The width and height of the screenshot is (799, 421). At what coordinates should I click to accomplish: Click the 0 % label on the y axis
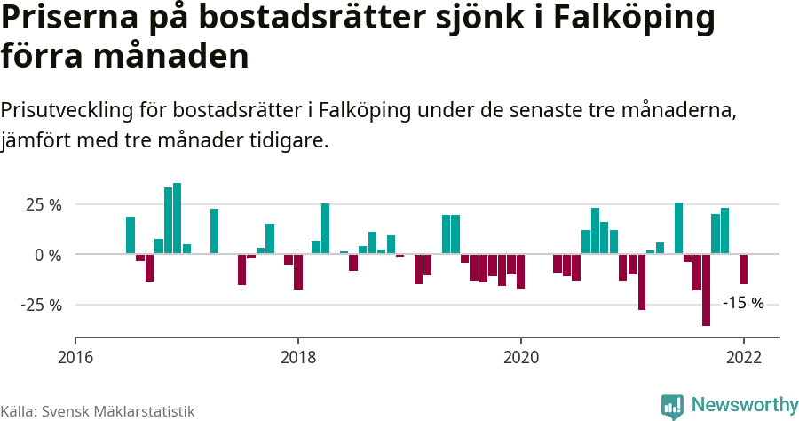coord(50,255)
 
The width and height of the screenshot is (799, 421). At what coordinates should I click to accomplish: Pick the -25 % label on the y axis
coord(43,305)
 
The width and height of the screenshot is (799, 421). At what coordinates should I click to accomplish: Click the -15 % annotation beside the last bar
coord(743,303)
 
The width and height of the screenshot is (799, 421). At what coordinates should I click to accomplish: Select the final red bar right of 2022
coord(743,269)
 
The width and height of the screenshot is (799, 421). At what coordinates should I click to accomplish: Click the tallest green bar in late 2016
coord(178,218)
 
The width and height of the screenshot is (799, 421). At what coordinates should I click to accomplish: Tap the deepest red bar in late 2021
coord(706,290)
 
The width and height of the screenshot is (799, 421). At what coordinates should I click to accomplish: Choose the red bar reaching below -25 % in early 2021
coord(642,282)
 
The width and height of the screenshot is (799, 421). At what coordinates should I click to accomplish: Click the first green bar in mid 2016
coord(131,235)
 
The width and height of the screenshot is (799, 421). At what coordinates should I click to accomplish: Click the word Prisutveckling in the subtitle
coord(67,111)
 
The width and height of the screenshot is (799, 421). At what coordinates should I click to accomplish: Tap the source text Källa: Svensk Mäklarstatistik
coord(98,411)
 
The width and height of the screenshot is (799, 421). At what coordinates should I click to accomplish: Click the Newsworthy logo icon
coord(672,406)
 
